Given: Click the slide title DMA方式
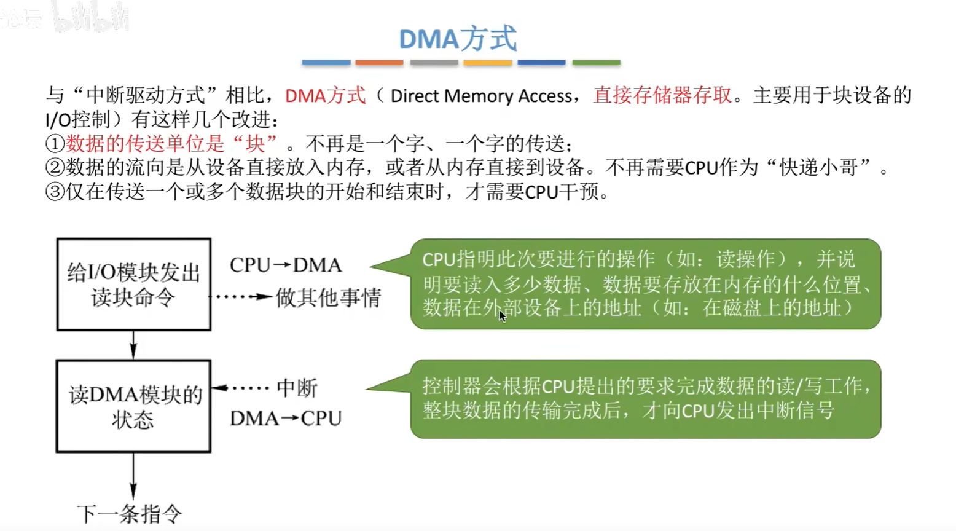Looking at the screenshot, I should (458, 39).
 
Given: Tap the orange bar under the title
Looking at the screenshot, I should (379, 62).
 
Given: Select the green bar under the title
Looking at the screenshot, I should (596, 62).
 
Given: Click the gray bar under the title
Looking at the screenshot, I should (434, 62).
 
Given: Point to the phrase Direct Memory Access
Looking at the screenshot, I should (481, 96).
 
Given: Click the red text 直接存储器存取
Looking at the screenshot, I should (662, 95).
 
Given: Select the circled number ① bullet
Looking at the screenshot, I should (55, 144).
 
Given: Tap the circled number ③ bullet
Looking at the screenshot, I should (55, 192).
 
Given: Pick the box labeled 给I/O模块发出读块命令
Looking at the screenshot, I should (134, 285).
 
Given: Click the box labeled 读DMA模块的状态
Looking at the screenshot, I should (133, 406).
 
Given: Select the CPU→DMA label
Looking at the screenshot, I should (286, 265).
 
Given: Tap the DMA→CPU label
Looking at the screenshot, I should (286, 419).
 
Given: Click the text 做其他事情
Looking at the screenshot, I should (328, 298).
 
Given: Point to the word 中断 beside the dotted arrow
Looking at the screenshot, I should (297, 388).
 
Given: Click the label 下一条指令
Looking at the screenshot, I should (130, 514).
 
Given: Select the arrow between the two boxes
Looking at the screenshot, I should (133, 345).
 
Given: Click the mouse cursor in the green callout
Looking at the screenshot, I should (502, 315).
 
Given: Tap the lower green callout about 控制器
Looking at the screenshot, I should (645, 398).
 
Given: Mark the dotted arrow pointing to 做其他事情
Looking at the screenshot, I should (241, 297).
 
